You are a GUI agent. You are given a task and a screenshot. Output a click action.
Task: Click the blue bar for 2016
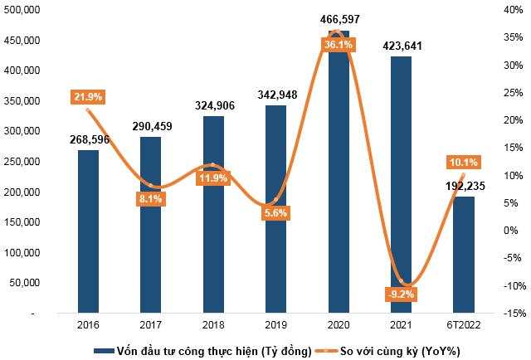point(88,232)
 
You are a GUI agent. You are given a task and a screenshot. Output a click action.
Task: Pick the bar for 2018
point(213,215)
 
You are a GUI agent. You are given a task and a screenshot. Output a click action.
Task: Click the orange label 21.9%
point(87,98)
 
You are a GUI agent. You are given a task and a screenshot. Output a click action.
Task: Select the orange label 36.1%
point(338,46)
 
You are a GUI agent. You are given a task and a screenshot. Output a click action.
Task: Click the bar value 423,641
point(401,46)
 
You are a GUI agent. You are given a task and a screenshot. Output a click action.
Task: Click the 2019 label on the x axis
point(275,326)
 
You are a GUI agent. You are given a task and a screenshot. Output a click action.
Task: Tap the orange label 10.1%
point(463,162)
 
